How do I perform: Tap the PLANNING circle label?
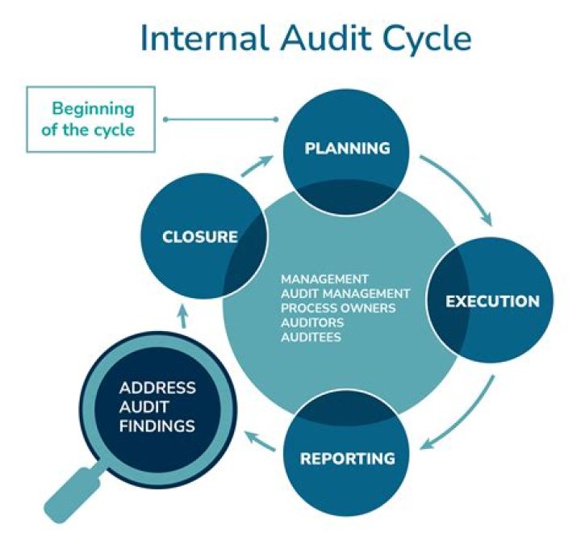(347, 149)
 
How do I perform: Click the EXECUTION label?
(492, 302)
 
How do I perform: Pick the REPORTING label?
(348, 459)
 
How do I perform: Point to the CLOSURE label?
(200, 237)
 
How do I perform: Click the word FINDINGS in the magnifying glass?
(157, 423)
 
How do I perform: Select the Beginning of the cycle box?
(90, 119)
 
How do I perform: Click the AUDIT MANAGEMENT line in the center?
(345, 293)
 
